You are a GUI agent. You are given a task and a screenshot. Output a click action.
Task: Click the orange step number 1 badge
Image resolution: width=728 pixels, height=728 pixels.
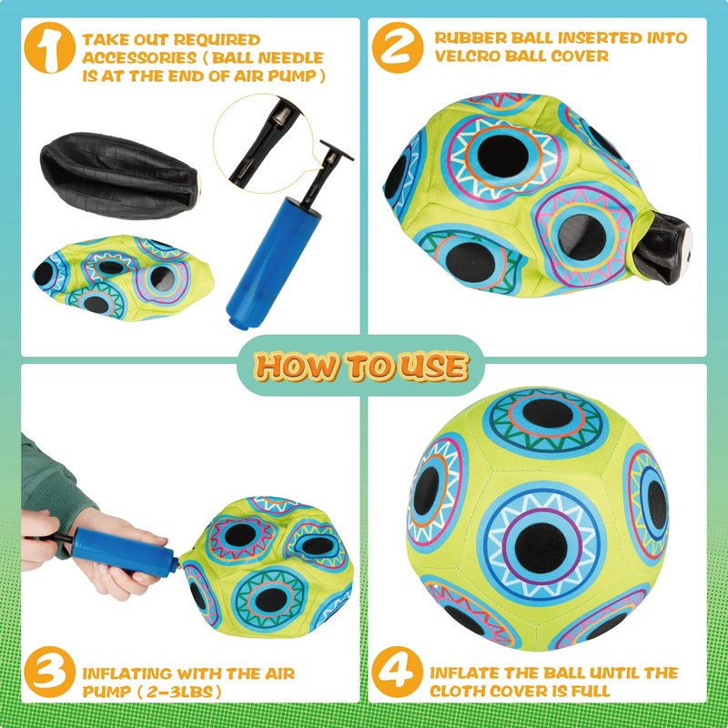click(49, 47)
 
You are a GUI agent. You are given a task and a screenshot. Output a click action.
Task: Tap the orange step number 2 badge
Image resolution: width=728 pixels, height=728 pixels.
click(398, 47)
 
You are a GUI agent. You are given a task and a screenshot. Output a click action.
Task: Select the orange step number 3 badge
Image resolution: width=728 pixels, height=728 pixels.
click(49, 672)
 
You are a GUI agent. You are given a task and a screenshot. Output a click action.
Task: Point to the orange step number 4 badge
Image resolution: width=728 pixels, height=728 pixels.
click(398, 672)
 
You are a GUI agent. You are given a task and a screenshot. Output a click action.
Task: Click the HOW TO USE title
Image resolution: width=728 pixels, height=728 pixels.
click(360, 366)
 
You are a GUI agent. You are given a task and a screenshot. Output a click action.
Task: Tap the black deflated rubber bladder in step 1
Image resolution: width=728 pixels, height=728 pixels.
click(120, 175)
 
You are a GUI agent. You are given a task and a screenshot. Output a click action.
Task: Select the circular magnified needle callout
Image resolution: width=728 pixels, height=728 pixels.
click(263, 144)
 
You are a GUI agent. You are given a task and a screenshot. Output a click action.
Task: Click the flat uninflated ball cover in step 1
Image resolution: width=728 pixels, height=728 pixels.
click(123, 278)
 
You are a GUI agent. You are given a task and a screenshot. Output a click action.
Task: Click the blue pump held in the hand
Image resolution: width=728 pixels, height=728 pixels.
click(124, 551)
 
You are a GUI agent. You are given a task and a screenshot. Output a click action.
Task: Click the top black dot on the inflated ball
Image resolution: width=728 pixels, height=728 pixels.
click(548, 413)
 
